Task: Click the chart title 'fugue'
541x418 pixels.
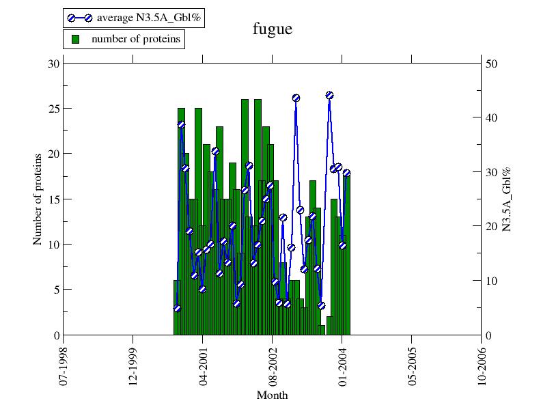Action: pos(273,29)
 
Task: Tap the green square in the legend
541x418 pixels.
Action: pos(76,39)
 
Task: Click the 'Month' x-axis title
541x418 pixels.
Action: pos(272,395)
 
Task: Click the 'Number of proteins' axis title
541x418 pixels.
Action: pos(38,199)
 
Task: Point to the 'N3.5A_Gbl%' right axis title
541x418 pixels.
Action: pos(507,199)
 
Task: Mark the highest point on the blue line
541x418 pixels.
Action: pos(329,96)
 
